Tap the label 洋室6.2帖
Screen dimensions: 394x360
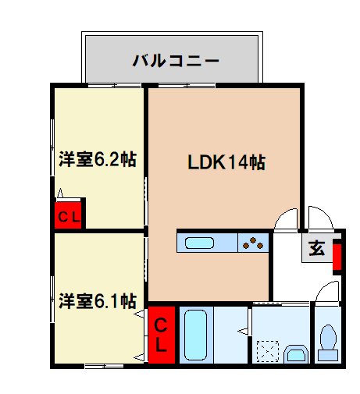click(98, 160)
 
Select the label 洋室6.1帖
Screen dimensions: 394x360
click(98, 300)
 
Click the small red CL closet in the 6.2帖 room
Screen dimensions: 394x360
click(68, 216)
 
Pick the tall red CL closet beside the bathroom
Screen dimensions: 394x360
click(160, 333)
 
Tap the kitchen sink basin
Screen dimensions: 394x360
click(200, 243)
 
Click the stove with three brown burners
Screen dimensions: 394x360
click(255, 243)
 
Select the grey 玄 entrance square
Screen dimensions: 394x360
click(316, 249)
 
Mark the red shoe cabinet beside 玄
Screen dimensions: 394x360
click(337, 257)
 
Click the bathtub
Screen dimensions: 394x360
click(194, 334)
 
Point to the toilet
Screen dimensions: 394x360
click(327, 341)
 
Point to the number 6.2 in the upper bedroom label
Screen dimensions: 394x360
click(105, 160)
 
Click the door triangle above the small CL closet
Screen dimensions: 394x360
click(61, 194)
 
